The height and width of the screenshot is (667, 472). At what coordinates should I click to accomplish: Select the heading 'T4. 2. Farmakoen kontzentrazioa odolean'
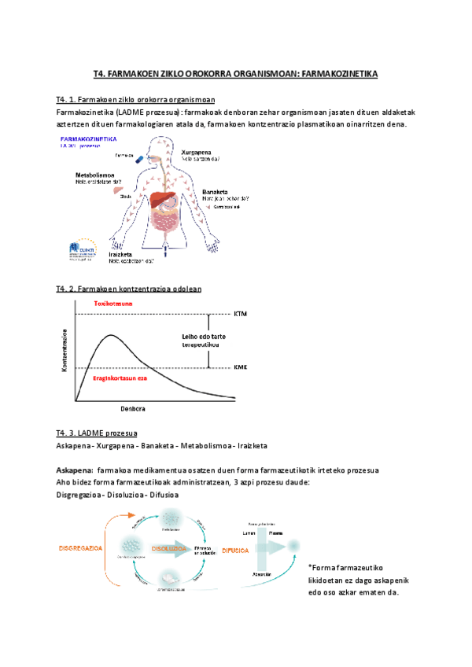click(129, 289)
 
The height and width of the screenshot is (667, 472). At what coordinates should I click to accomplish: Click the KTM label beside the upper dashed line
click(241, 314)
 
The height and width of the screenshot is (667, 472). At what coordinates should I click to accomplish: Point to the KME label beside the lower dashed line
click(241, 367)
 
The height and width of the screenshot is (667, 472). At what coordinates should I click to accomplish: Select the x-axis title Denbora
click(134, 409)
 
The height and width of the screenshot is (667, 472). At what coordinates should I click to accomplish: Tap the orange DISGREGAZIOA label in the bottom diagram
click(81, 547)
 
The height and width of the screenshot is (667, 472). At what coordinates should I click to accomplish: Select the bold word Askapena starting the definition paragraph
click(74, 470)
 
